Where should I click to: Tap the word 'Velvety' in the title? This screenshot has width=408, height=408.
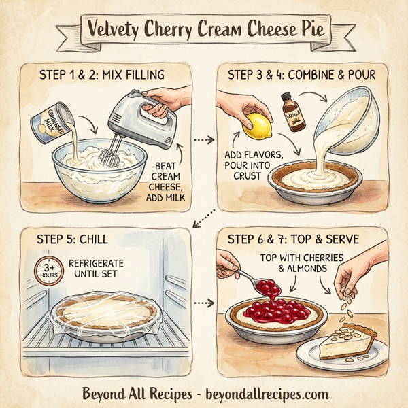coord(121,29)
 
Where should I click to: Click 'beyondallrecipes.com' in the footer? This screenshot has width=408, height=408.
coord(262,394)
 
